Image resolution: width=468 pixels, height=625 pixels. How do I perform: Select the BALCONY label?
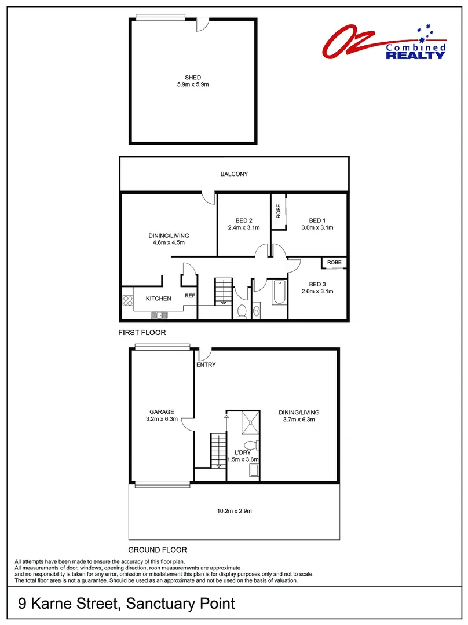234,174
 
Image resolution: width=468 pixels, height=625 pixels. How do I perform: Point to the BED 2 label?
244,220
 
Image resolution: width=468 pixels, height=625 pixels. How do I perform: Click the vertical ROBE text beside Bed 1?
278,212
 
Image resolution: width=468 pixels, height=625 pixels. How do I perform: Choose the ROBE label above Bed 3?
334,262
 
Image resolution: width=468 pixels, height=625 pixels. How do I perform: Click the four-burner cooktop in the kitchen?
127,300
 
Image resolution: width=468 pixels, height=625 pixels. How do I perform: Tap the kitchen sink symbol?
159,315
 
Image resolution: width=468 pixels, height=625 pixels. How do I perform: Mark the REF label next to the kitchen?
189,296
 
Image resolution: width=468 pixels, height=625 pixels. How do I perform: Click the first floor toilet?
243,311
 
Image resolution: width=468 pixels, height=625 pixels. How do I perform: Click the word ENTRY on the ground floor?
206,365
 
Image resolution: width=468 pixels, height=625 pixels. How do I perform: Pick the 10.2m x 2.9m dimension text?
234,511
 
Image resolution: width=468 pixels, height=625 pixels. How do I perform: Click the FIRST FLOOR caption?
142,333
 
